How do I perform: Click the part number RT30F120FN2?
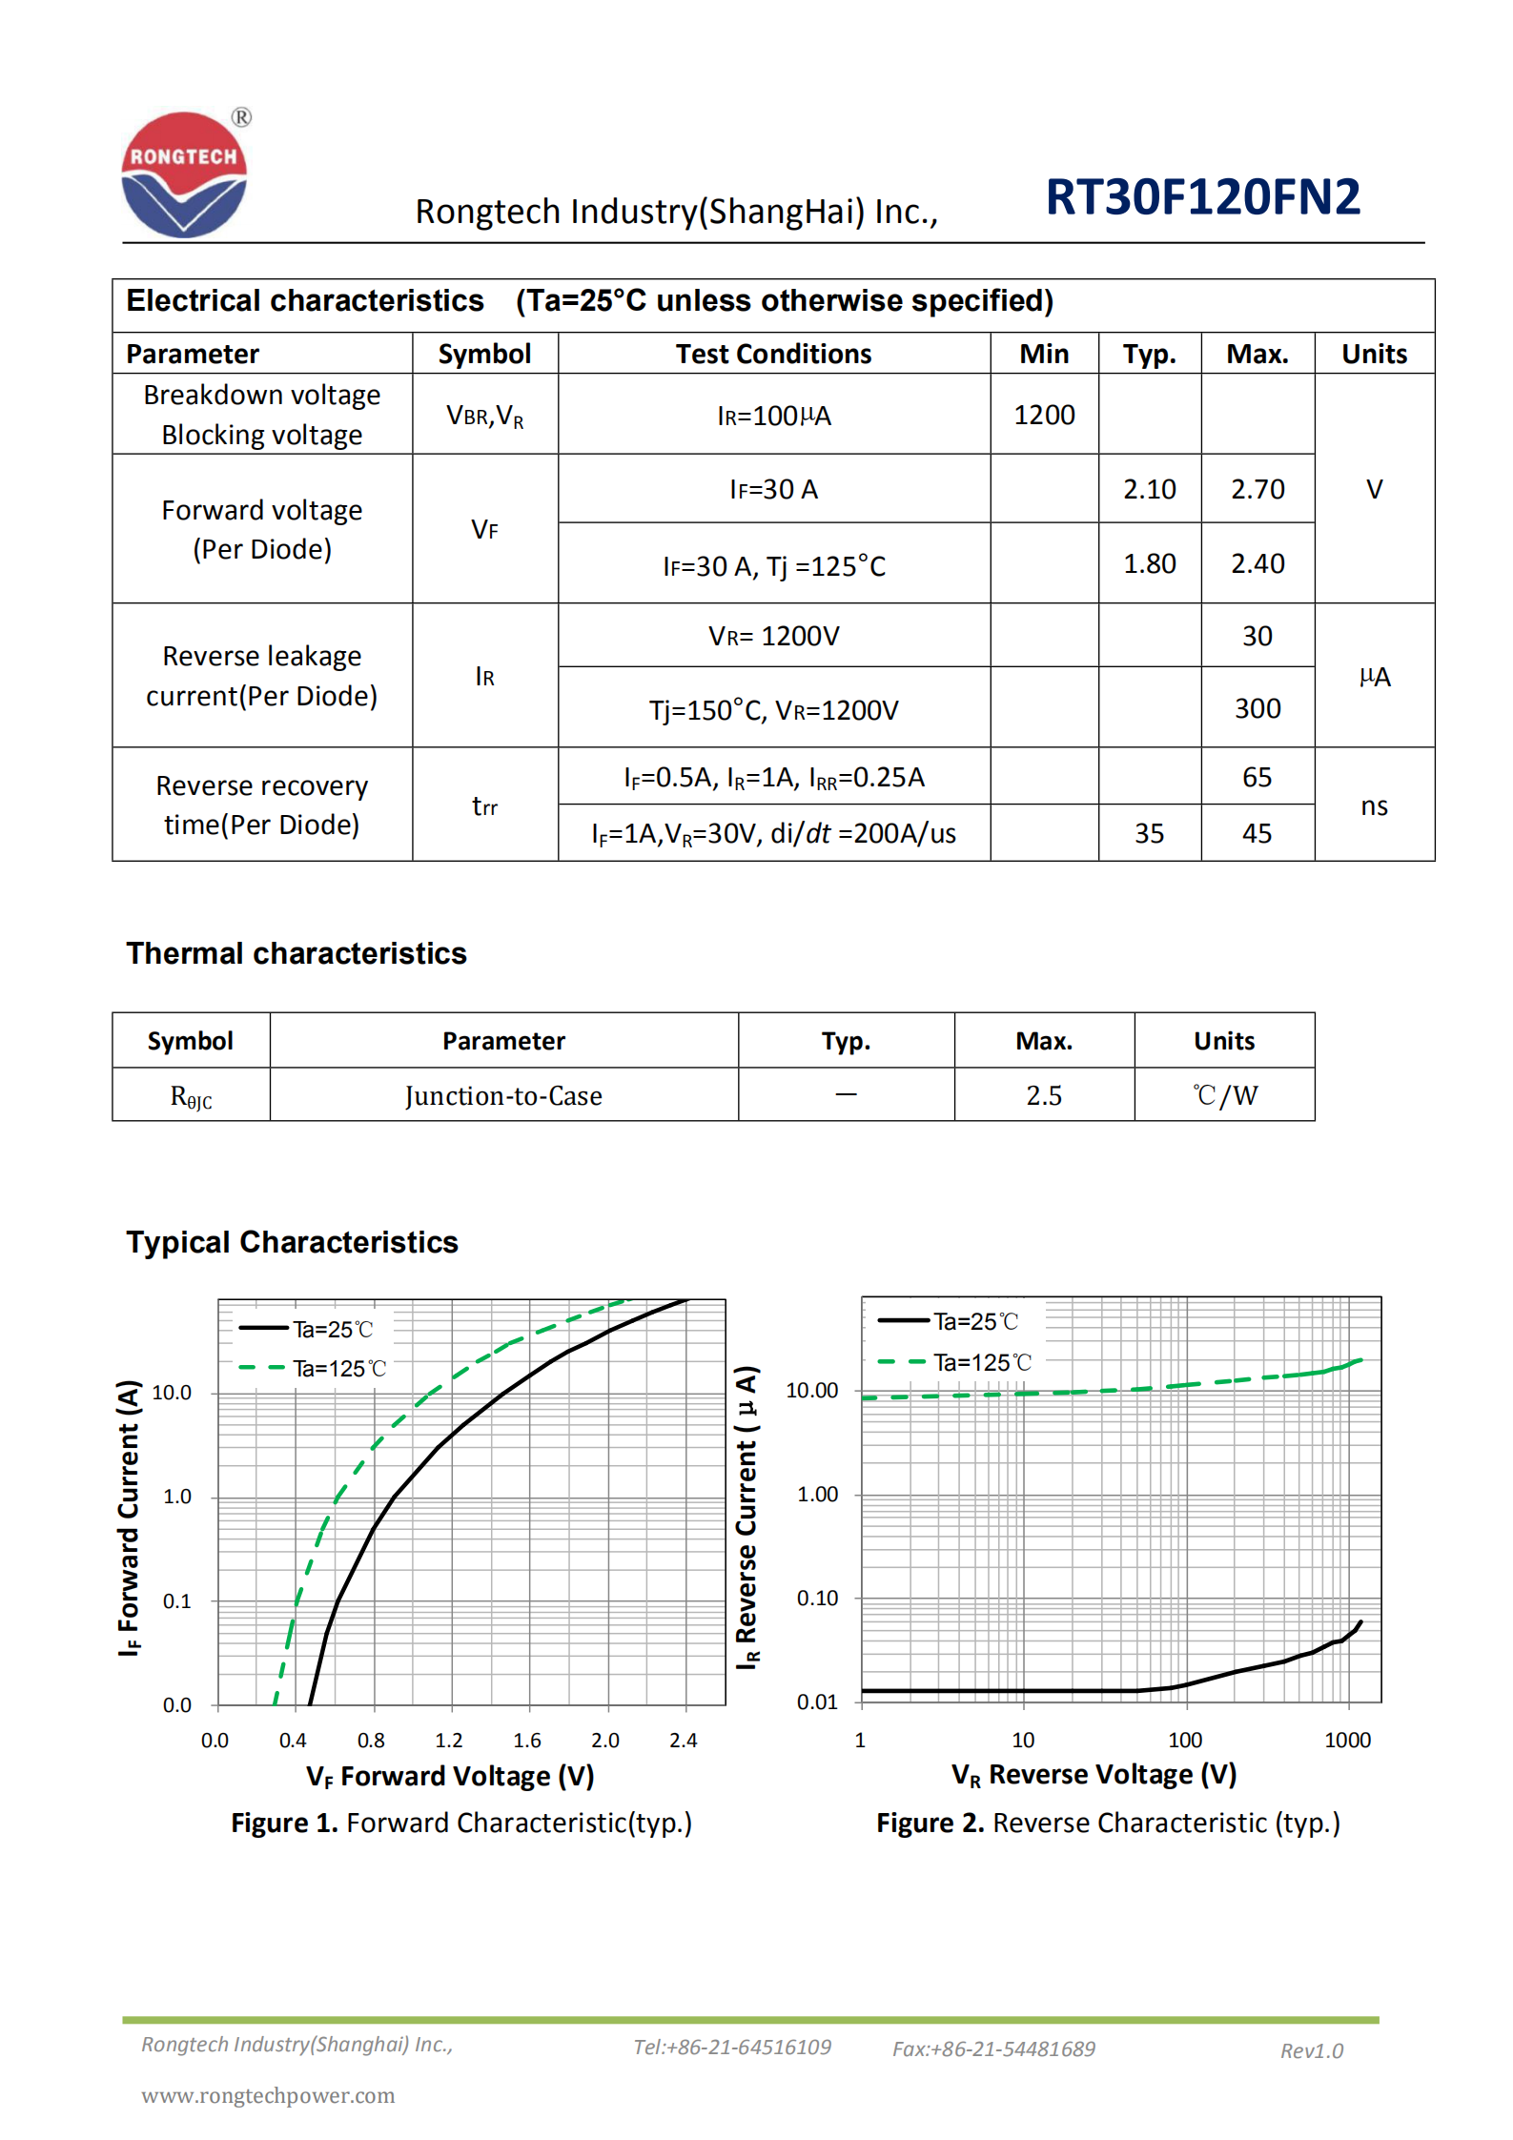coord(1202,197)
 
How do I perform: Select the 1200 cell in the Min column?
coord(1044,415)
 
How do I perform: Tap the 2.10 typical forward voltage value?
coord(1149,489)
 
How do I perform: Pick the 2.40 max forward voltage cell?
coord(1257,563)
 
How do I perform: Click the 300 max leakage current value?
coord(1257,708)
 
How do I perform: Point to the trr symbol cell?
coord(484,806)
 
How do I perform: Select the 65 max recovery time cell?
coord(1257,777)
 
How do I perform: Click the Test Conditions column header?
coord(773,354)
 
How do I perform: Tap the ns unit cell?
coord(1374,806)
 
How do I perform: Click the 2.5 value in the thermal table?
coord(1044,1095)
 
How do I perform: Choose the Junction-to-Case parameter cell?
coord(503,1095)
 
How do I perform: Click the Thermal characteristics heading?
coord(296,953)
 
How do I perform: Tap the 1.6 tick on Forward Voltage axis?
coord(526,1740)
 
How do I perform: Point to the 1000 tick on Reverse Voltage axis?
coord(1347,1740)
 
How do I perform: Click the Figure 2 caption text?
coord(1108,1823)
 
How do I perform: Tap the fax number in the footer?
coord(993,2048)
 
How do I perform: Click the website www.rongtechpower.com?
coord(268,2095)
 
